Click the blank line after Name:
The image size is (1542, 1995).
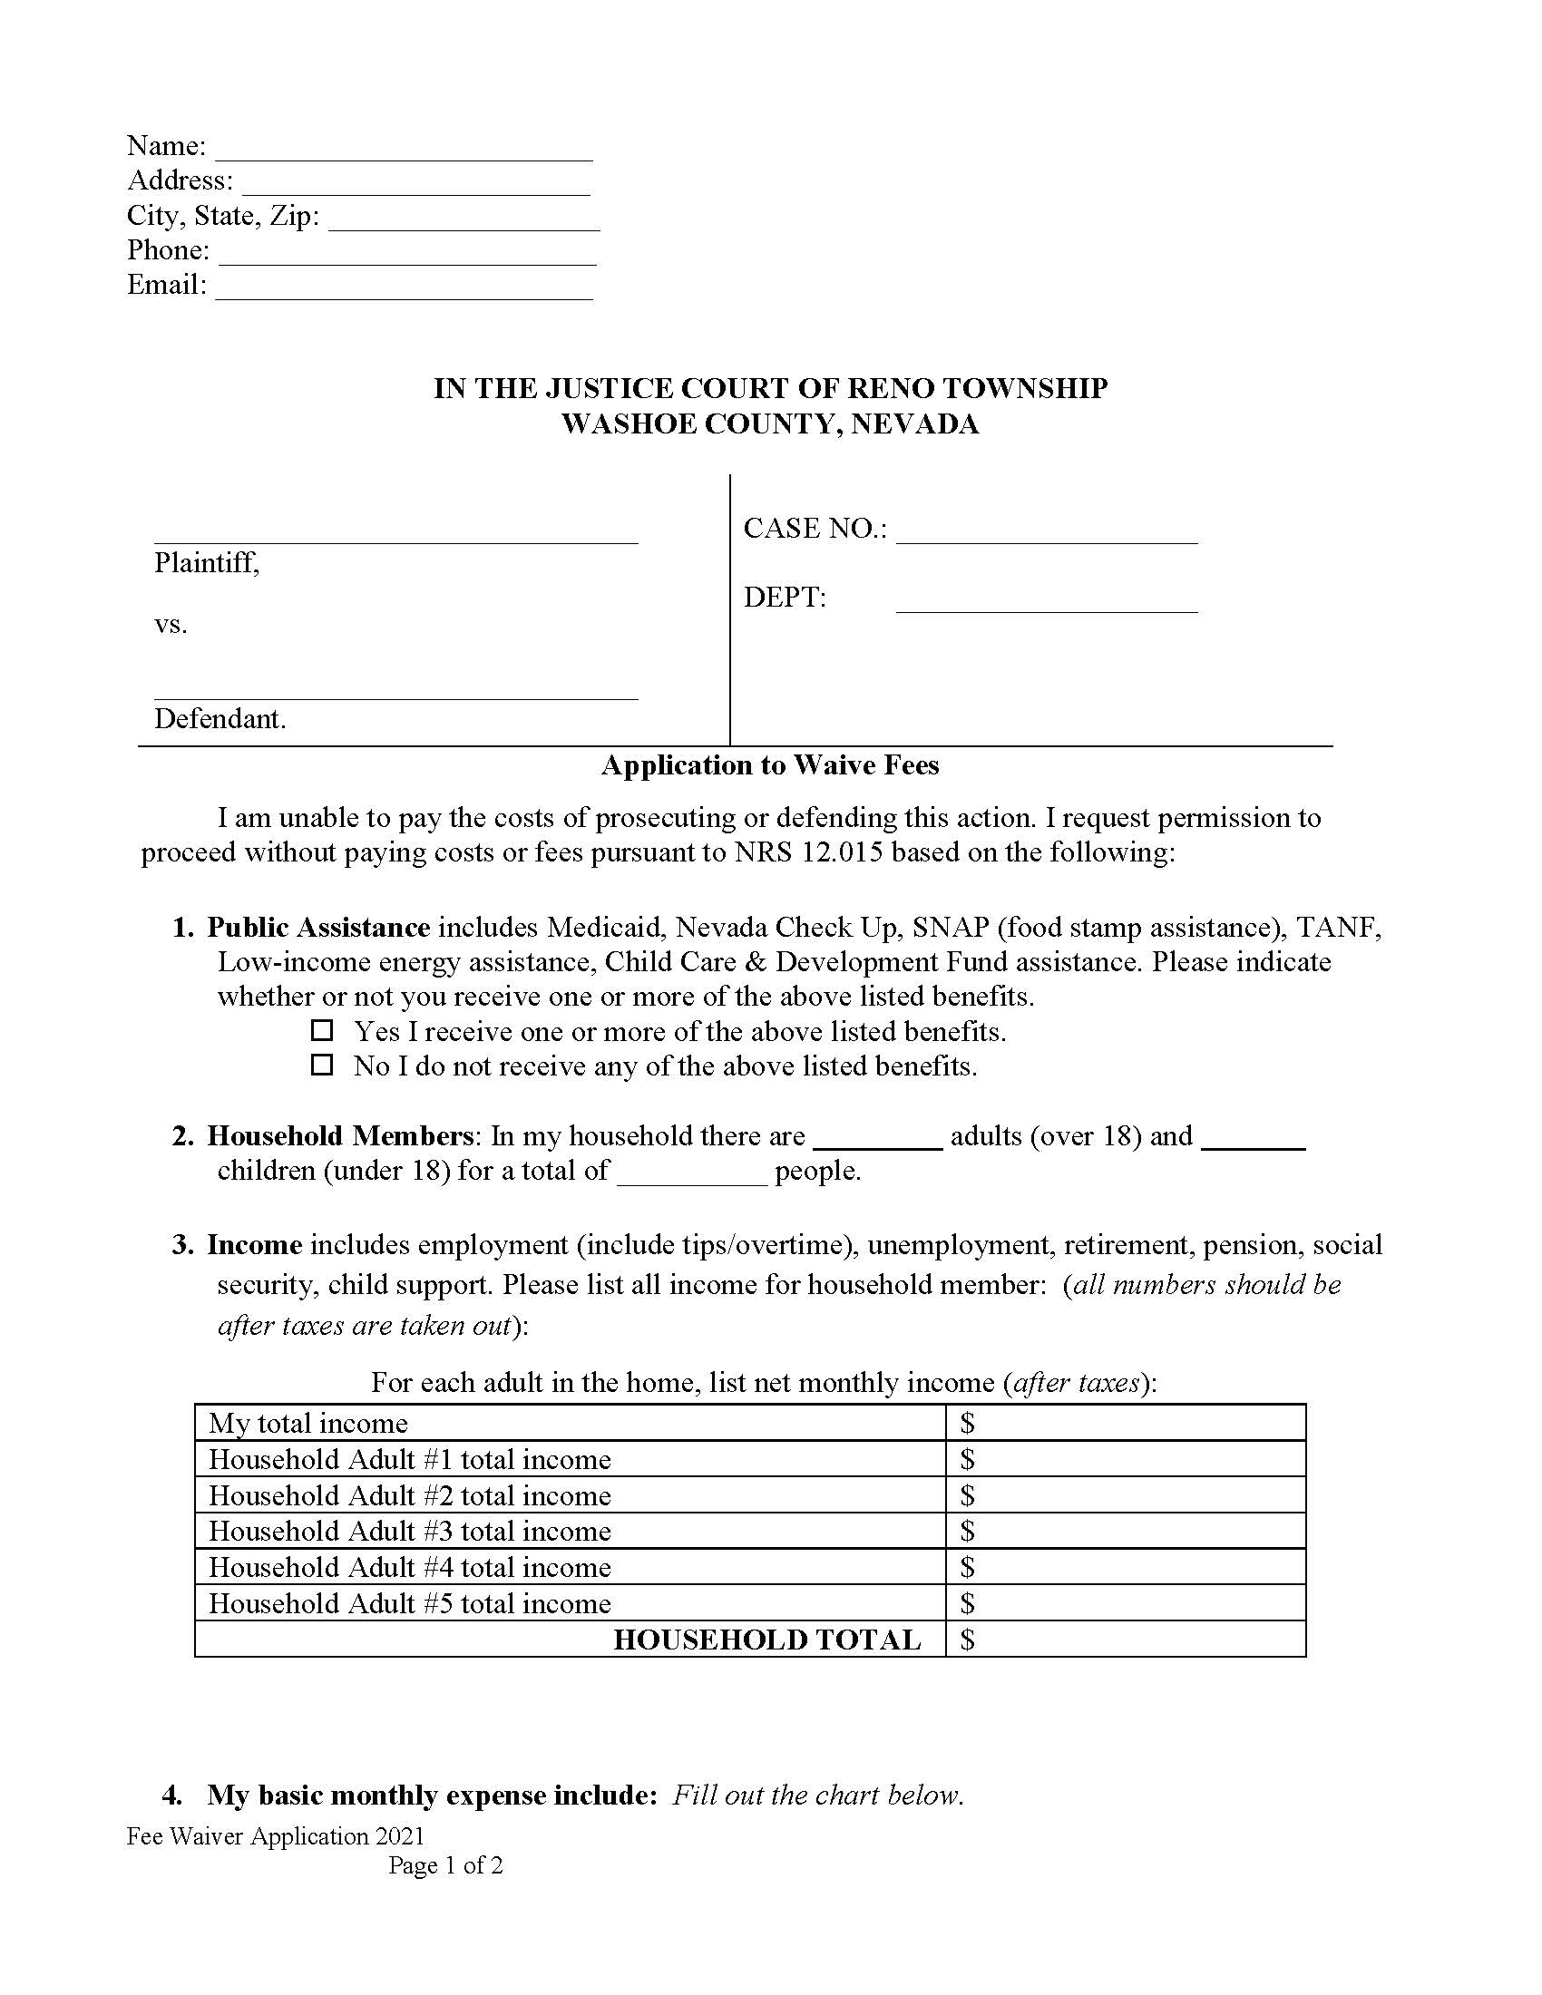pos(404,151)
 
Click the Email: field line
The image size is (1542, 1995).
pos(404,290)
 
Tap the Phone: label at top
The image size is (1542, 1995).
pos(168,249)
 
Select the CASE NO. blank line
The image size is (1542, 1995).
pos(1046,534)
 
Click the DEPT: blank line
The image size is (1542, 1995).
pos(1046,603)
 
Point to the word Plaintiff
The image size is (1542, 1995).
pos(207,563)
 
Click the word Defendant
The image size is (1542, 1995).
pos(220,719)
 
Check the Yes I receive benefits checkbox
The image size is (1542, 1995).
pos(322,1030)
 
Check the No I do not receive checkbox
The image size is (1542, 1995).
pos(322,1066)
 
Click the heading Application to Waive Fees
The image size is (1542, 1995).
pos(769,765)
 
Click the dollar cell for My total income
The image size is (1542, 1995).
pos(1125,1423)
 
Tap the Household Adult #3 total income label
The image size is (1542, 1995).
pos(409,1531)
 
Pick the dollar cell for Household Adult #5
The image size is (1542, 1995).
pos(1125,1603)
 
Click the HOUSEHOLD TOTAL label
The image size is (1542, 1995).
pos(766,1640)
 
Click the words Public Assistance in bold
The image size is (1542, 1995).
pos(317,927)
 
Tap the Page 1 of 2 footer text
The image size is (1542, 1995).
pos(444,1865)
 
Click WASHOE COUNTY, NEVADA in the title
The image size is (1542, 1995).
pos(769,423)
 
